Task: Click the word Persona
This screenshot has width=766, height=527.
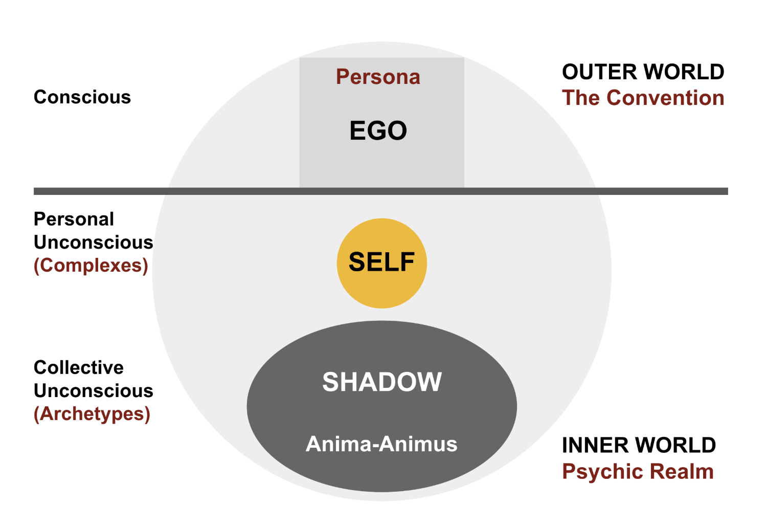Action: coord(378,77)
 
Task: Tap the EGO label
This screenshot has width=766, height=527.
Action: coord(378,130)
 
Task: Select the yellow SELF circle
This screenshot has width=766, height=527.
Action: coord(381,263)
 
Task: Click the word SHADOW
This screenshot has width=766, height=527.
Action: coord(382,382)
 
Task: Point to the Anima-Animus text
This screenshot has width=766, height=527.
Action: coord(381,444)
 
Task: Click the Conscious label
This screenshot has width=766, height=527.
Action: coord(82,97)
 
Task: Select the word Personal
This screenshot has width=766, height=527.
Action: coord(74,219)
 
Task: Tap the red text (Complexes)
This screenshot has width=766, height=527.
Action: coord(91,266)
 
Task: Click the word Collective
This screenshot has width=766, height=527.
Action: coord(79,367)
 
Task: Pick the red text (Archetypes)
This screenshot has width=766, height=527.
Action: coord(92,414)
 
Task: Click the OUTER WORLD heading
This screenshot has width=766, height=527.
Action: coord(643,72)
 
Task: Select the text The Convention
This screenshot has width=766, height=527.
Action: coord(643,98)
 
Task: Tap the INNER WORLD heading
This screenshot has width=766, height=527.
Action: coord(639,445)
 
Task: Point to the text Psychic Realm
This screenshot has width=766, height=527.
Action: coord(638,472)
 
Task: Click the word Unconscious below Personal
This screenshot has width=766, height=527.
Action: coord(94,243)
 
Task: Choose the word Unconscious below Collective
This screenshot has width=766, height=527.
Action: coord(94,391)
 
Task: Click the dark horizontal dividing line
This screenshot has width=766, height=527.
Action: coord(380,191)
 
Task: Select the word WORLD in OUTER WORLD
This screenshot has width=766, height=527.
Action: coord(684,72)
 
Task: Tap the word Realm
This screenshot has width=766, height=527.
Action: coord(682,472)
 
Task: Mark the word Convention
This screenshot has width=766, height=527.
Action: coord(665,98)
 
